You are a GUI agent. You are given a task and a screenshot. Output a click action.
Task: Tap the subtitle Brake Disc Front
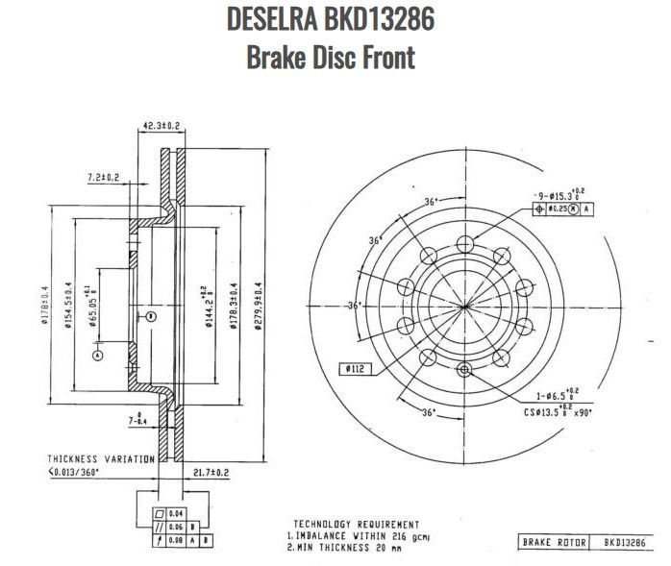(331, 57)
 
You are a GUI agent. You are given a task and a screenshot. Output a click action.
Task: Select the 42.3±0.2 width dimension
(162, 126)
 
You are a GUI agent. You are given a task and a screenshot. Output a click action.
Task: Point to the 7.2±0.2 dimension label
(103, 177)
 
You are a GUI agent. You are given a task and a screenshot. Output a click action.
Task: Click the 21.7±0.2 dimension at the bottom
(211, 473)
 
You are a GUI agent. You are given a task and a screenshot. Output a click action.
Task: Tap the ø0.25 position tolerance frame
(562, 208)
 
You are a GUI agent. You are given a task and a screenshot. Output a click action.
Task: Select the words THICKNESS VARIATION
(101, 459)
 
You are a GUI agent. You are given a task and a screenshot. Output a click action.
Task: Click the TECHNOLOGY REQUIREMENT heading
(356, 524)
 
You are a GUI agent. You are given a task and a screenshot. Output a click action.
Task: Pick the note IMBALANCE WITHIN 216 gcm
(359, 535)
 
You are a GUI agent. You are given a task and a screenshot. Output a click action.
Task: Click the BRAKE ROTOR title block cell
(549, 543)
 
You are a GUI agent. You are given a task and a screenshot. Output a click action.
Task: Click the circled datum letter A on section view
(97, 355)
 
